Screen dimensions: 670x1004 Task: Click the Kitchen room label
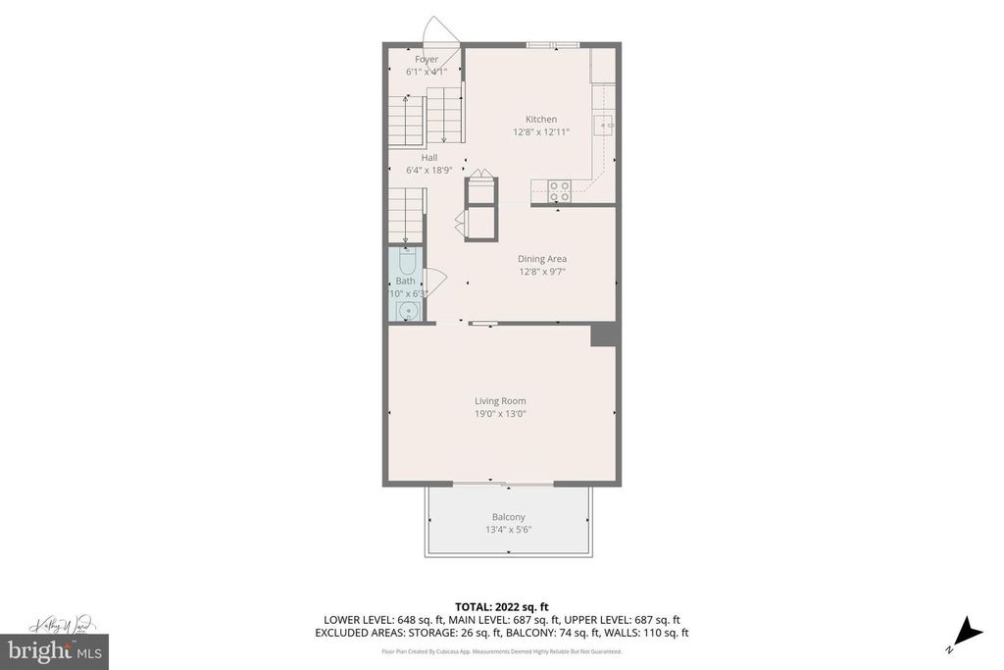click(x=540, y=120)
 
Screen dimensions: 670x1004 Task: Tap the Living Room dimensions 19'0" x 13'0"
click(x=500, y=413)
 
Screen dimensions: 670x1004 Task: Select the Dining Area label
click(x=542, y=259)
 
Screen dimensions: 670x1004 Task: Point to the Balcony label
click(x=508, y=517)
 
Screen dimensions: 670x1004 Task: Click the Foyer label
click(x=427, y=60)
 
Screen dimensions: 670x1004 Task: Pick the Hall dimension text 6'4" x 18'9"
click(x=429, y=170)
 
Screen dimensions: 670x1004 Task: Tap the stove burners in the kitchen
click(x=560, y=186)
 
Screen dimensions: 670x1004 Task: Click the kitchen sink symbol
click(x=607, y=125)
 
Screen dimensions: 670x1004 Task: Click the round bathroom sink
click(x=408, y=311)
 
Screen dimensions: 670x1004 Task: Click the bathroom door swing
click(x=435, y=281)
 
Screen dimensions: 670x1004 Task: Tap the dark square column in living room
click(x=603, y=335)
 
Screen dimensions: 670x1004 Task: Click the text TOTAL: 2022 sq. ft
click(x=501, y=605)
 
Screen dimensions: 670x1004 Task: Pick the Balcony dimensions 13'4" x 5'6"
click(x=508, y=530)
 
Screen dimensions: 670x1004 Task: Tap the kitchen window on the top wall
click(x=553, y=44)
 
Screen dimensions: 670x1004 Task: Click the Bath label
click(x=405, y=281)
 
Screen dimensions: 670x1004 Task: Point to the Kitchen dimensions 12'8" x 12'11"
click(x=540, y=132)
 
